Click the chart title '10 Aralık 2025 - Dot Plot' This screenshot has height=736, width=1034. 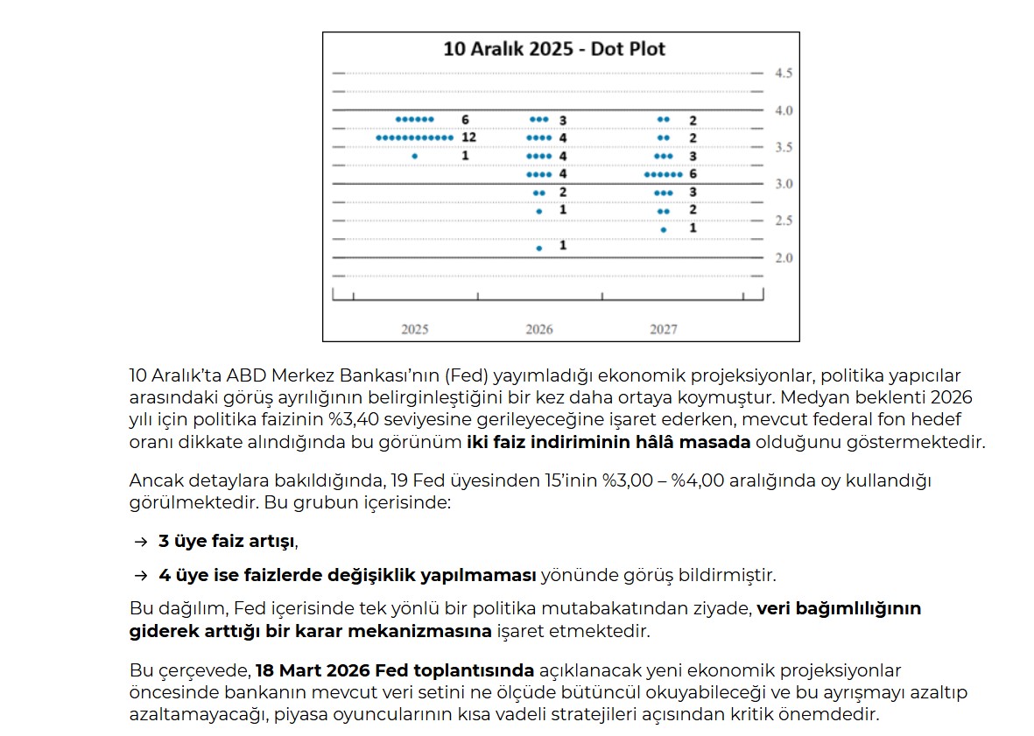[x=554, y=48]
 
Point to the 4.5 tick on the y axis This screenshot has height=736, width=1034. [x=783, y=74]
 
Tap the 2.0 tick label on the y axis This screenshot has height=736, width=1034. [x=783, y=258]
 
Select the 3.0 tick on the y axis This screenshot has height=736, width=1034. [x=783, y=185]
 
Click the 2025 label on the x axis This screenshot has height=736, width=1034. [x=415, y=330]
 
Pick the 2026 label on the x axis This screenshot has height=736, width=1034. [x=539, y=330]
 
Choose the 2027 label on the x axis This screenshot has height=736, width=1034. [x=664, y=330]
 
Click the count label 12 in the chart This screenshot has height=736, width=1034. [x=468, y=137]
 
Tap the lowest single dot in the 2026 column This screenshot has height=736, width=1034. [x=539, y=248]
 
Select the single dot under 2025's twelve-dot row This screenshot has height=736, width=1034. [x=415, y=156]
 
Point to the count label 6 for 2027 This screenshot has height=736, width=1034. [x=693, y=174]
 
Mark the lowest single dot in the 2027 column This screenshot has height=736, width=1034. [x=664, y=229]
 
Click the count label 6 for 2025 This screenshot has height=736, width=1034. [x=465, y=119]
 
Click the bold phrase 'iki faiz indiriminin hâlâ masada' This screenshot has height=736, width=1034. [x=608, y=442]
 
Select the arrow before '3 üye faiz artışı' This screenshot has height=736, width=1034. [x=141, y=542]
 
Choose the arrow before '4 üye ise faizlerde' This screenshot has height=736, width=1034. [x=141, y=576]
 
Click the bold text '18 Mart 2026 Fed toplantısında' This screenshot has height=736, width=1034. [x=395, y=671]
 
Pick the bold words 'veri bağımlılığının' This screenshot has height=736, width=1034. [x=839, y=608]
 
